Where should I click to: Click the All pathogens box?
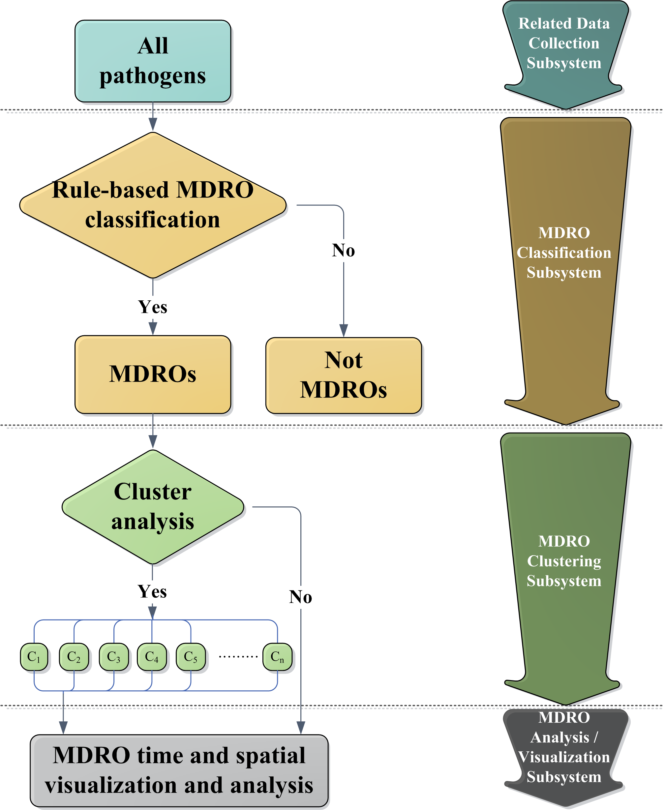pos(153,61)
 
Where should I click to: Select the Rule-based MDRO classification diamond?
pos(153,205)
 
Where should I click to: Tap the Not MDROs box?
pos(344,375)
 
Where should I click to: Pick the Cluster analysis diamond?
pos(153,507)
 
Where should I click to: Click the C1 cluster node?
pos(34,657)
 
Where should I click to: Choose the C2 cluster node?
pos(74,657)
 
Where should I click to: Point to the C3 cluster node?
pos(114,657)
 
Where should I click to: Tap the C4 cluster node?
pos(152,657)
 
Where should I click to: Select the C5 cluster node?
pos(191,657)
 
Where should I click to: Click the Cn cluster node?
pos(277,657)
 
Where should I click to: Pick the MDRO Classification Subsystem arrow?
pos(564,253)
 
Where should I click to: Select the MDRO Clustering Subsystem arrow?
pos(564,561)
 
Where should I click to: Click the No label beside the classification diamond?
pos(344,251)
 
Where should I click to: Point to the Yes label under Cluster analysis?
pos(152,592)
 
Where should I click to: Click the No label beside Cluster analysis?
pos(301,597)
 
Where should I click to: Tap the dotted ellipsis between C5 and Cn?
pos(238,657)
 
